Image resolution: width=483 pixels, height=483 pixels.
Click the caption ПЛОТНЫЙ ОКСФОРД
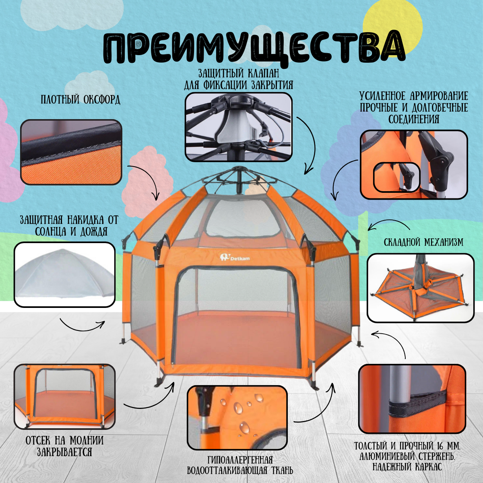coord(80,99)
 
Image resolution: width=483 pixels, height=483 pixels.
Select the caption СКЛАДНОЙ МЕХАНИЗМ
coord(423,242)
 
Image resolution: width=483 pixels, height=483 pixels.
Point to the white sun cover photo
coord(64,275)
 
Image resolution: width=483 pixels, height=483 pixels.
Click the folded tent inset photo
coord(421,288)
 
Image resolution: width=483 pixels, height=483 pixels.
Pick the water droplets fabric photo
coord(237,417)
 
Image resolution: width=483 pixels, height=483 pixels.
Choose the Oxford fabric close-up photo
coord(71,152)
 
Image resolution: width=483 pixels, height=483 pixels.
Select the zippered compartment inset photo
coord(64,396)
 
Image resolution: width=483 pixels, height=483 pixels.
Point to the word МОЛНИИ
coord(86,441)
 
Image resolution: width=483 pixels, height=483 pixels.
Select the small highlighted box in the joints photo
coord(396,178)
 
